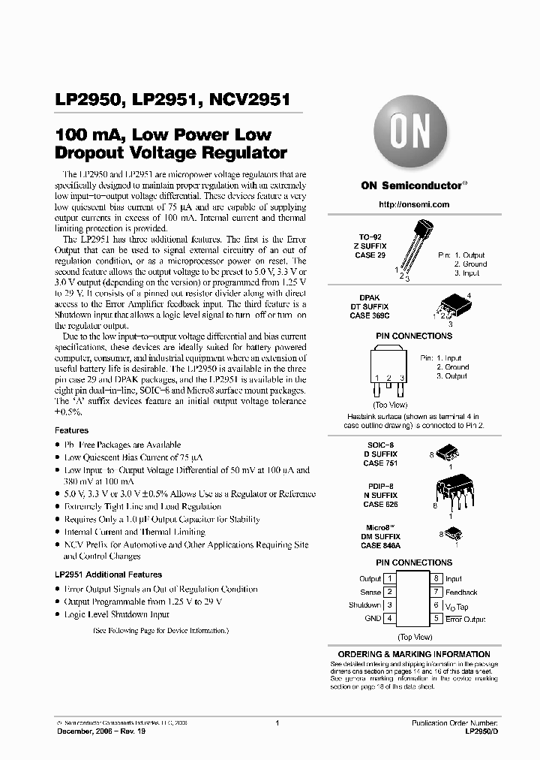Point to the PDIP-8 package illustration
click(x=448, y=493)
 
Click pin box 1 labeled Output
click(x=389, y=579)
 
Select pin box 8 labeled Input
click(x=436, y=579)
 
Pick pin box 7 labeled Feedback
click(x=436, y=593)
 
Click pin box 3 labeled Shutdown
click(x=389, y=605)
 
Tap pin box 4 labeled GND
click(x=389, y=619)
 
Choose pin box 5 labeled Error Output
click(x=436, y=619)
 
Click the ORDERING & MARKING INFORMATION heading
click(x=414, y=655)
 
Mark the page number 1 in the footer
click(x=277, y=722)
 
